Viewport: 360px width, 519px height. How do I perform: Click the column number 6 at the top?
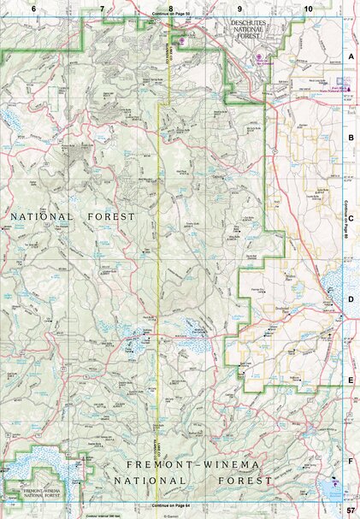pyautogui.click(x=34, y=8)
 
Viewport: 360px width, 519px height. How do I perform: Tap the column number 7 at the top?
pyautogui.click(x=102, y=8)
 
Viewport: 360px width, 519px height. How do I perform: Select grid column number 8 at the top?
pyautogui.click(x=171, y=8)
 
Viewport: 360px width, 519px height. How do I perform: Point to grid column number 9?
pyautogui.click(x=239, y=8)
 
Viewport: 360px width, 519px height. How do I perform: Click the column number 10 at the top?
pyautogui.click(x=307, y=8)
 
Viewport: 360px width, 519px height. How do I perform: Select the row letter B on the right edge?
pyautogui.click(x=351, y=137)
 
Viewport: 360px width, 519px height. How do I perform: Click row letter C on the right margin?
pyautogui.click(x=351, y=218)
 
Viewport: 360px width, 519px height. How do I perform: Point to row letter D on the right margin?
pyautogui.click(x=351, y=299)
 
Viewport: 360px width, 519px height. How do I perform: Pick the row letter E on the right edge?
pyautogui.click(x=351, y=381)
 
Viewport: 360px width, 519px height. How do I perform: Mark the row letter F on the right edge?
pyautogui.click(x=351, y=462)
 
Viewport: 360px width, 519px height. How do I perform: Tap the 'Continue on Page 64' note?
pyautogui.click(x=170, y=506)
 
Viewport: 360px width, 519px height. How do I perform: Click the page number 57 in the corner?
pyautogui.click(x=351, y=510)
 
